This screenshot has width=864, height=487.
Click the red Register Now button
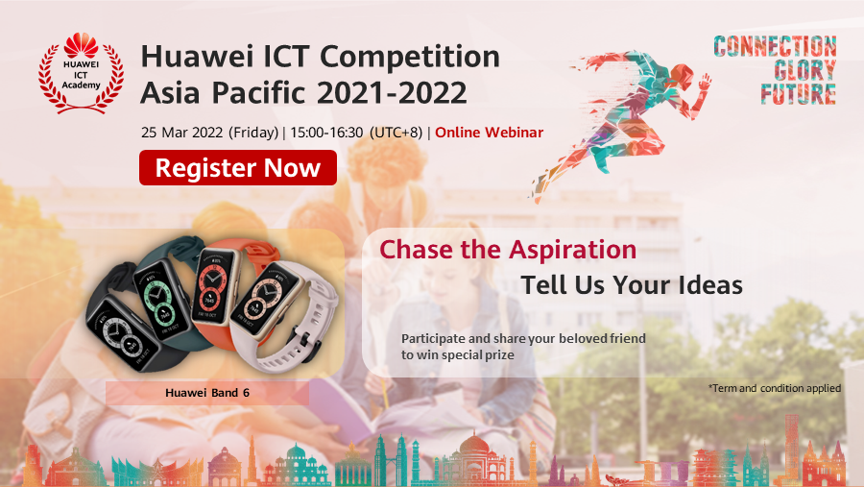click(x=238, y=167)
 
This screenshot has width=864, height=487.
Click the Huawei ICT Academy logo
click(x=82, y=72)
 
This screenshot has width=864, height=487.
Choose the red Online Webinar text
click(x=489, y=132)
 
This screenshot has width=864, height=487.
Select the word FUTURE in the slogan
click(x=798, y=94)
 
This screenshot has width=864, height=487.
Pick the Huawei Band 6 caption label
click(x=207, y=392)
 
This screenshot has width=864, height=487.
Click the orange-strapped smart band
click(x=222, y=288)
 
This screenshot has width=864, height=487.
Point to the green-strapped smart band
click(x=163, y=288)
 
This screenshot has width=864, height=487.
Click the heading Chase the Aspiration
click(x=508, y=250)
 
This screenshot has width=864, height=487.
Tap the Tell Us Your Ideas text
click(x=632, y=284)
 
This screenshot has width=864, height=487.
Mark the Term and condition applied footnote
click(x=774, y=388)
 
